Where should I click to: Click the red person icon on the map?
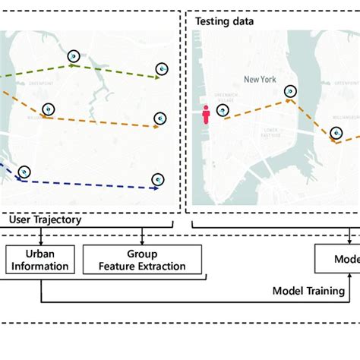coord(205,114)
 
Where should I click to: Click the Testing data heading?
coord(224,21)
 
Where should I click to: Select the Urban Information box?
coord(40,260)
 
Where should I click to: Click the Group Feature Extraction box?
coord(142,260)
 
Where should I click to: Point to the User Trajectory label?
coord(45,219)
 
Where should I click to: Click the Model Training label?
coord(308,290)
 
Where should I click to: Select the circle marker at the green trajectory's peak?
coord(73,55)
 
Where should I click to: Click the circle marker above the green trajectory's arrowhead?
coord(161,69)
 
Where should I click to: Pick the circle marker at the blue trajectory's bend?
coord(24,172)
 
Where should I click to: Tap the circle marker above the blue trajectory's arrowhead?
coord(157,179)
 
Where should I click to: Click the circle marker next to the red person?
coord(222,111)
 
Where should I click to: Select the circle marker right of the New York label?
coord(290,92)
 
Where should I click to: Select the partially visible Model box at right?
coord(337,260)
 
